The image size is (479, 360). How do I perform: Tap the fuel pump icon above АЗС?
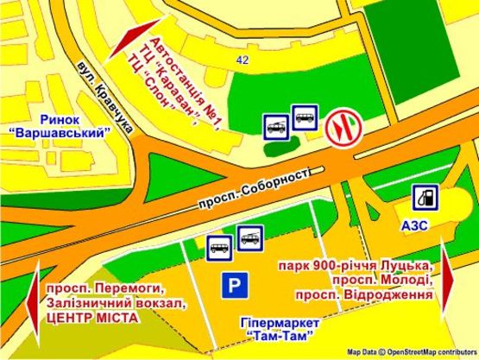coord(424,198)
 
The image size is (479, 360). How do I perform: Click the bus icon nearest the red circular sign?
coord(306,117)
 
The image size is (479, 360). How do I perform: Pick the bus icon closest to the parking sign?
coord(218,246)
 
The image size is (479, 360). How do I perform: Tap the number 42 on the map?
coord(242,60)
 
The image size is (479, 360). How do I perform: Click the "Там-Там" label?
coord(277,335)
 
